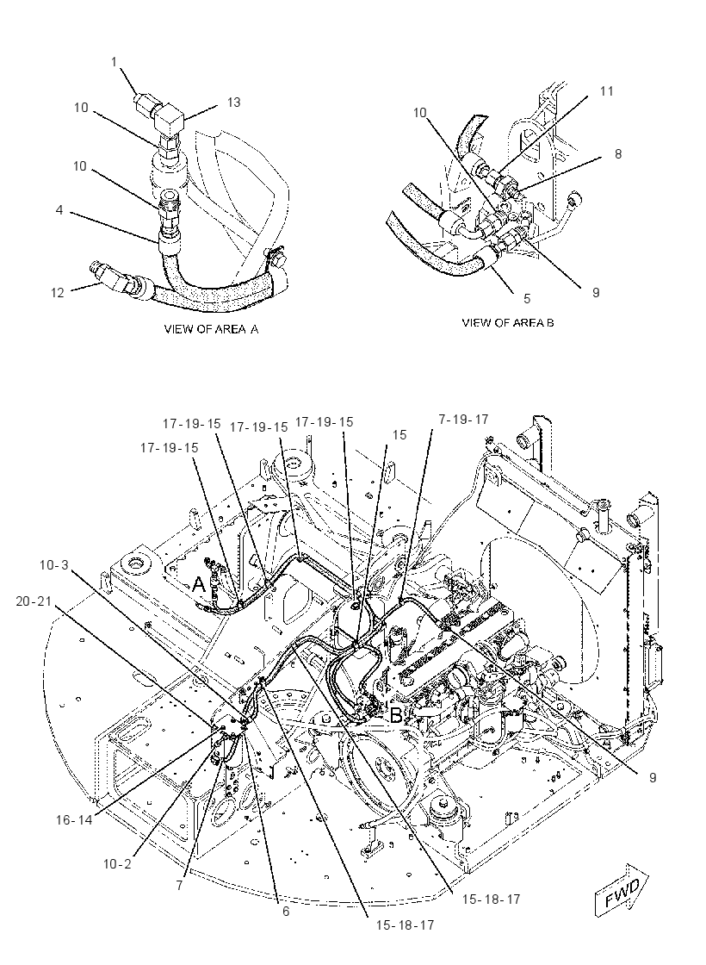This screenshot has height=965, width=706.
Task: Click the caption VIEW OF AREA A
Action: (211, 328)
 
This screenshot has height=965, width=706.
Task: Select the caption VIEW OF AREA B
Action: (507, 322)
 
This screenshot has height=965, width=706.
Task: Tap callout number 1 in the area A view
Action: (115, 61)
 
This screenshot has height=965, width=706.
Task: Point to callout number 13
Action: (233, 103)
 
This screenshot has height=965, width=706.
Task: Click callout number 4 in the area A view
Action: (59, 210)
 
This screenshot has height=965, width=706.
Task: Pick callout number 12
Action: (57, 293)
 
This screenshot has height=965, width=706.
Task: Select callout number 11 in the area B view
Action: (606, 91)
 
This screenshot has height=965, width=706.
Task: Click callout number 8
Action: (618, 154)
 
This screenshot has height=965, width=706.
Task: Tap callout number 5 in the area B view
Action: (527, 298)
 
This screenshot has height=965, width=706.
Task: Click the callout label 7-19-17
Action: (463, 419)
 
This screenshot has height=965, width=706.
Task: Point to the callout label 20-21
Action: (34, 601)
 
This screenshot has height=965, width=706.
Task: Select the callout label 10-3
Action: (54, 564)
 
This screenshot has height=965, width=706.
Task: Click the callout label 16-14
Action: (73, 819)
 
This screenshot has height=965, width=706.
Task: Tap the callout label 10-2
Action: (117, 864)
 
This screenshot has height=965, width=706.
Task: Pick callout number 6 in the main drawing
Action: (286, 912)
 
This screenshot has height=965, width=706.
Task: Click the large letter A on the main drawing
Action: (198, 584)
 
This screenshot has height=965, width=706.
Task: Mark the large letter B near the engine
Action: (397, 715)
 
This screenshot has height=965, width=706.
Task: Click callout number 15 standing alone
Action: (399, 435)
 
